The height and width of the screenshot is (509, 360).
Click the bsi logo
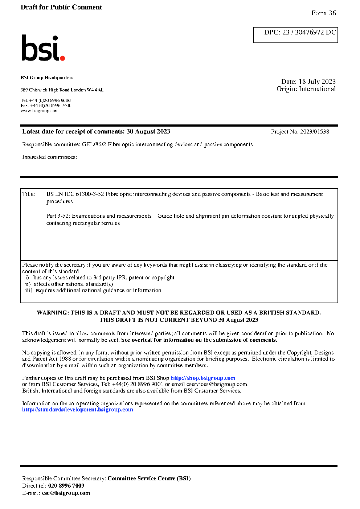(x=43, y=48)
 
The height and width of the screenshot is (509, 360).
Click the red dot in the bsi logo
(x=62, y=58)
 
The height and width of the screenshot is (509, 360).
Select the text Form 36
(x=323, y=13)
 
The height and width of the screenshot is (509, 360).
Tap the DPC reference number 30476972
(x=309, y=32)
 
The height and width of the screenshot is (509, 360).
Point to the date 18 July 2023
(x=317, y=82)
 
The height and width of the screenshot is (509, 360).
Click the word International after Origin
(x=317, y=89)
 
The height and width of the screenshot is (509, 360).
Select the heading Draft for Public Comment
(x=61, y=7)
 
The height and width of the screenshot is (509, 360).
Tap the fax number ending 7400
(x=51, y=106)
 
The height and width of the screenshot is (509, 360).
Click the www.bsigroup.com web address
(x=40, y=111)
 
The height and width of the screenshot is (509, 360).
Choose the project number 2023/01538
(x=314, y=132)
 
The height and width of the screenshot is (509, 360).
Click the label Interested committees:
(x=49, y=157)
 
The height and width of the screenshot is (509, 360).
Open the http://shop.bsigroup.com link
(x=203, y=378)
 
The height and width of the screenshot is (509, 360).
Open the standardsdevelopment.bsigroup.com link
(x=78, y=410)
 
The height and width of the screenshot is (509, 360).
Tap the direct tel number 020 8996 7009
(x=66, y=486)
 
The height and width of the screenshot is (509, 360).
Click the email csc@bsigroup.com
(x=66, y=493)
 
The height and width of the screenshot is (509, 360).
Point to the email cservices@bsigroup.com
(x=217, y=384)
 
